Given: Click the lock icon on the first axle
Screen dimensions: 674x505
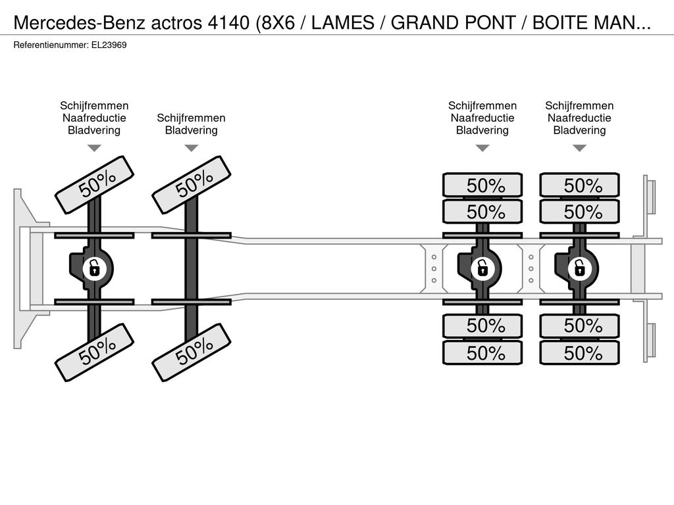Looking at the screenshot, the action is click(x=94, y=268).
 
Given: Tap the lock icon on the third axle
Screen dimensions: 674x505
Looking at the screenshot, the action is click(x=482, y=268).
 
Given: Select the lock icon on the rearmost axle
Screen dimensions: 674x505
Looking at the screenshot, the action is click(x=579, y=268).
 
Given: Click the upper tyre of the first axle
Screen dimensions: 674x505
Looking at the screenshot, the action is click(x=94, y=185).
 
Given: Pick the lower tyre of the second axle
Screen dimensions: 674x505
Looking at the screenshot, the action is click(x=192, y=352).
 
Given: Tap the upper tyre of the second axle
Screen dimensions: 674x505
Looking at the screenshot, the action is click(x=192, y=185).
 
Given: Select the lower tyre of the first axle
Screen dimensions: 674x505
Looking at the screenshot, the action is click(x=94, y=352).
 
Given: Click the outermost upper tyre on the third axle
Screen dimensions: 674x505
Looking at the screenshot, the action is click(x=482, y=185).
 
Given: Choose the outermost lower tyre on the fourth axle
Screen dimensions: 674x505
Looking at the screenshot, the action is click(x=579, y=353).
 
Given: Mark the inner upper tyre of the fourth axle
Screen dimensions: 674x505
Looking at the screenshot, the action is click(x=579, y=211).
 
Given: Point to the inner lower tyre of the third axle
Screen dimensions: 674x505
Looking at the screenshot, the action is click(x=482, y=326).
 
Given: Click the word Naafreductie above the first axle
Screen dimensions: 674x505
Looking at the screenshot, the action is click(x=94, y=118).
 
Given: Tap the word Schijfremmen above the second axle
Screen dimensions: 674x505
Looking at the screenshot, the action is click(x=192, y=118).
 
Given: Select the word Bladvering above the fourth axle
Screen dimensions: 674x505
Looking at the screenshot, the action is click(x=579, y=130).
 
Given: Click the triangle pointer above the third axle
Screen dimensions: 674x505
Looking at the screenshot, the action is click(x=482, y=148).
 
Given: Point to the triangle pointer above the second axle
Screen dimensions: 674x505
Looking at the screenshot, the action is click(x=192, y=148).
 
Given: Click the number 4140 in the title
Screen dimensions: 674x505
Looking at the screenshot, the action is click(x=228, y=23).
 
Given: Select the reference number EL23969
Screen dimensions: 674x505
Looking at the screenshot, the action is click(x=109, y=45).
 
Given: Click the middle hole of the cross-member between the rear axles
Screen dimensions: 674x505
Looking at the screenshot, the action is click(x=531, y=269).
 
